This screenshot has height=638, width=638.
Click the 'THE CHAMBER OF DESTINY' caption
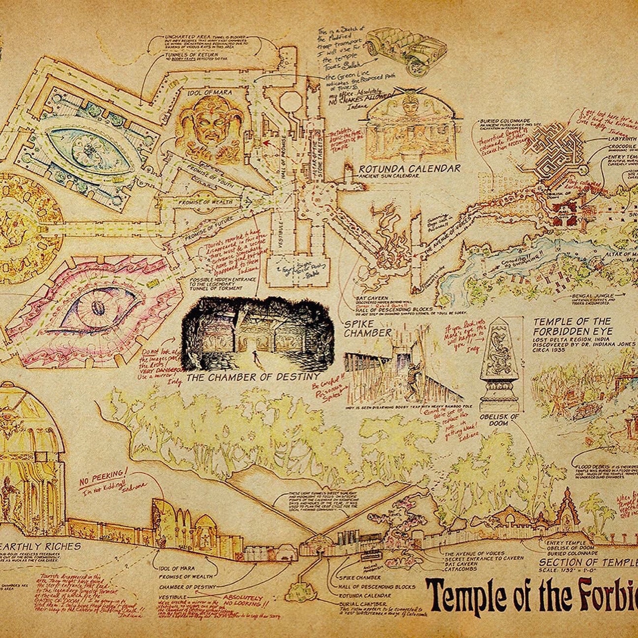(253, 377)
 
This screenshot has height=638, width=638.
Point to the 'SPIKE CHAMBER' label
(366, 328)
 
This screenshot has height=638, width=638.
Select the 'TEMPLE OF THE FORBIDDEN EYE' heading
(572, 326)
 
